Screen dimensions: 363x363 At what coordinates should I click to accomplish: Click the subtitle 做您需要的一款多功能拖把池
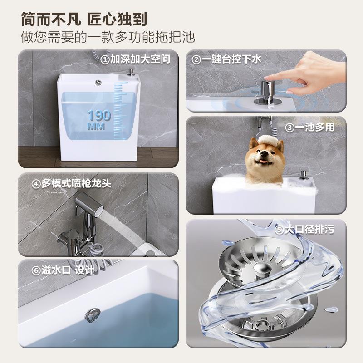[x=108, y=37]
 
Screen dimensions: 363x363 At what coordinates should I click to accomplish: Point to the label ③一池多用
[x=309, y=128]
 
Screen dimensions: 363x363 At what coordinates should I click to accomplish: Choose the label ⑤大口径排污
[x=304, y=231]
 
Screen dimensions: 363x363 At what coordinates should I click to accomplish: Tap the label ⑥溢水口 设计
[x=63, y=270]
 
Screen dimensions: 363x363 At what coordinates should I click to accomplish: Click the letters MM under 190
[x=96, y=126]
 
